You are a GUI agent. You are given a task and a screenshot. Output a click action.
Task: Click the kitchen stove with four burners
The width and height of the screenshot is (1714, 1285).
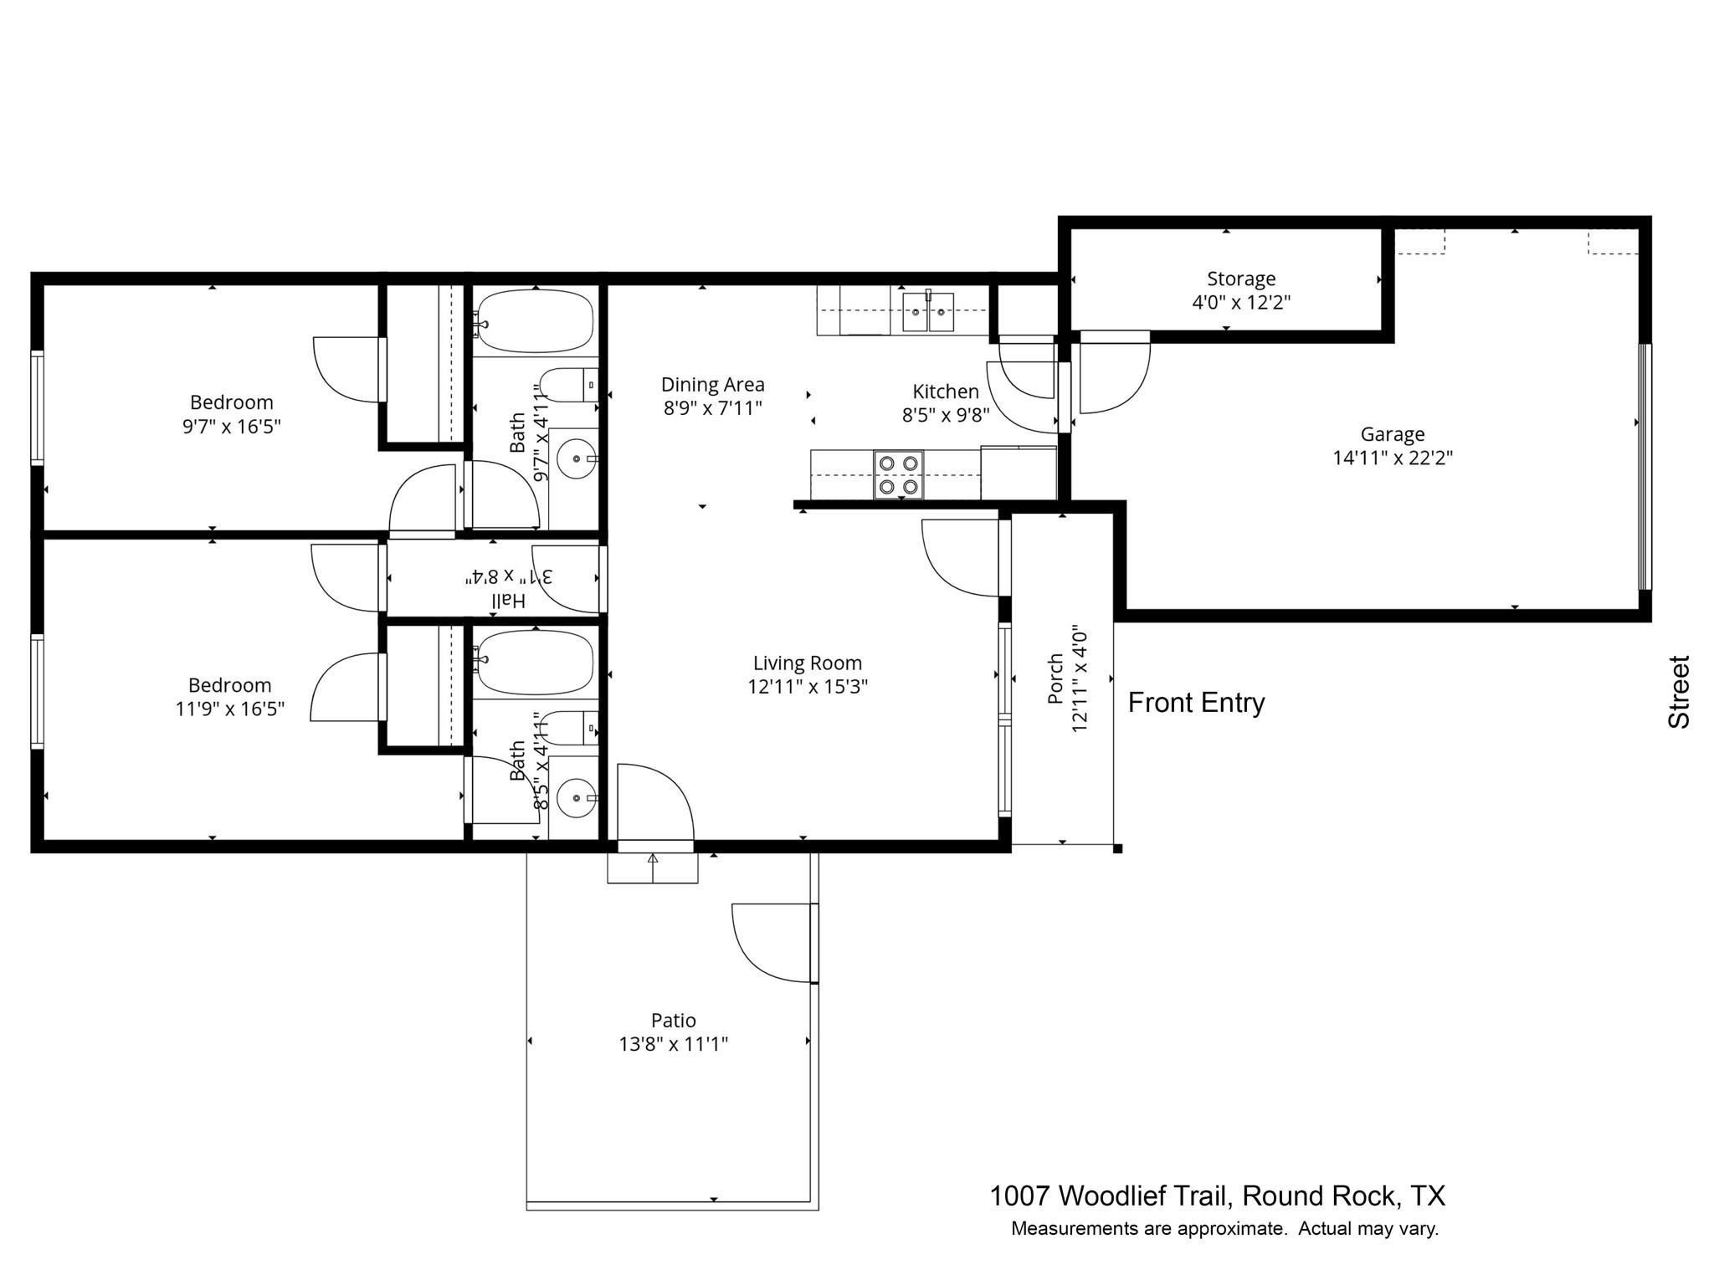click(899, 474)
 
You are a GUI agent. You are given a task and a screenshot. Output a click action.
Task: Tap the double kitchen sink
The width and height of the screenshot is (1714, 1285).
click(928, 312)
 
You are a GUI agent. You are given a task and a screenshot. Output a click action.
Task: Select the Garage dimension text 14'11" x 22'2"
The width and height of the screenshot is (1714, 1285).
click(1393, 458)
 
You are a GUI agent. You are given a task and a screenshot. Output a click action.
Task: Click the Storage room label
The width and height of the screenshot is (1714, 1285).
click(1241, 279)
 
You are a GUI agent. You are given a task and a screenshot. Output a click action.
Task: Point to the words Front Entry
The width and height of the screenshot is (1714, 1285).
click(1196, 703)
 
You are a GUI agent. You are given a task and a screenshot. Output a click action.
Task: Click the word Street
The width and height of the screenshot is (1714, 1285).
click(1679, 692)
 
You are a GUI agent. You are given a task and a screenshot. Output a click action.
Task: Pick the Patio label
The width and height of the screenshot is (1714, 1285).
click(674, 1020)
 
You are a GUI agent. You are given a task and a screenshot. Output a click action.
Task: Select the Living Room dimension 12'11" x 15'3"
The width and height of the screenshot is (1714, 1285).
click(808, 687)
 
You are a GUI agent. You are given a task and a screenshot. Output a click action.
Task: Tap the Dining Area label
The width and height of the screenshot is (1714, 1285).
click(713, 385)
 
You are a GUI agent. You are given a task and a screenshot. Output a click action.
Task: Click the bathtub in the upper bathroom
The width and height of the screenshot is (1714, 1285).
click(536, 321)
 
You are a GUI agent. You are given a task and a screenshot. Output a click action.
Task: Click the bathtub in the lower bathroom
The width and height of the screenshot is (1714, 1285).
click(536, 663)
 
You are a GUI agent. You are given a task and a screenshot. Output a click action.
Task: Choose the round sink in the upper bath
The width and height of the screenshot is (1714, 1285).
click(577, 458)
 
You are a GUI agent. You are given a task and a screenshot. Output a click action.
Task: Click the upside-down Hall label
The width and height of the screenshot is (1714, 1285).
click(508, 600)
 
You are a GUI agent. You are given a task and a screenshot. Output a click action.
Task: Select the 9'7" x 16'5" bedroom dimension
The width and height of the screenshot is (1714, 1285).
click(232, 427)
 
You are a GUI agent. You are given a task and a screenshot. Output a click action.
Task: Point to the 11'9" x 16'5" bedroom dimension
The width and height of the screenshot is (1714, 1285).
click(230, 709)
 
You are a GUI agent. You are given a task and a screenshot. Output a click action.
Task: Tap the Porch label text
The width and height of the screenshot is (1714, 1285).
click(1056, 678)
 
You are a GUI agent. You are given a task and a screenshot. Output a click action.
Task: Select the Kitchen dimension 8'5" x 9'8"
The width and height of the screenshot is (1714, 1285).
click(946, 415)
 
